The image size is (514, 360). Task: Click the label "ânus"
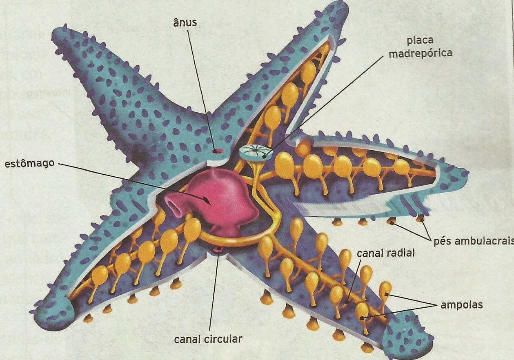point(185,23)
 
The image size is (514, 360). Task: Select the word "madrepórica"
point(421,53)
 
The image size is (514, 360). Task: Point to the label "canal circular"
point(208,339)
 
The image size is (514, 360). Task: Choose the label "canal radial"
point(386,253)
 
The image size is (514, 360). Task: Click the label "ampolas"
point(462,305)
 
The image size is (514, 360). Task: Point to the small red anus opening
point(217,151)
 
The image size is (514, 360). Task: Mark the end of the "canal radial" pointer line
point(346,304)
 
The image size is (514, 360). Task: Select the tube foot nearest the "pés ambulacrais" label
point(421,219)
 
